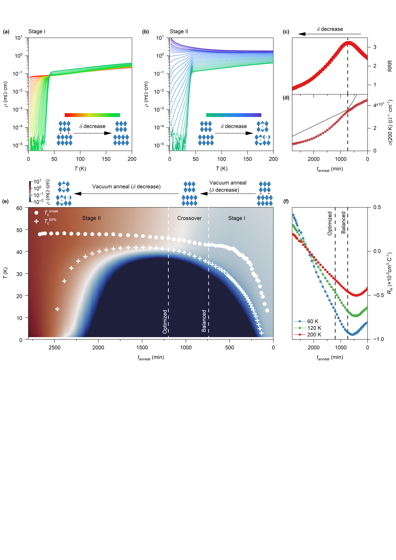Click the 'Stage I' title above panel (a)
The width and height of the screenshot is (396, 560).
click(37, 31)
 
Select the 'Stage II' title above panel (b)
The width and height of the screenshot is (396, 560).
click(179, 31)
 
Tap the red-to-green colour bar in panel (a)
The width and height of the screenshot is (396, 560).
click(92, 115)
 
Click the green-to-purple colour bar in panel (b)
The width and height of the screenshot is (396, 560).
click(233, 115)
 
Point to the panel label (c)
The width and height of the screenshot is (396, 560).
click(286, 32)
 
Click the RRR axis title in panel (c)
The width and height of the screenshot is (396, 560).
click(390, 66)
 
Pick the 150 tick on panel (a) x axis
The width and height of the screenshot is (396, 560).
click(106, 159)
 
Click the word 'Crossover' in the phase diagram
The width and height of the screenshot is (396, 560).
click(189, 218)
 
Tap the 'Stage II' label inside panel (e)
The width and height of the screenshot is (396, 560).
click(91, 218)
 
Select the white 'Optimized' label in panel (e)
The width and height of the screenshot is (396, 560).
click(165, 322)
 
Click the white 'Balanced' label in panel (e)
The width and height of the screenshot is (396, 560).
click(204, 321)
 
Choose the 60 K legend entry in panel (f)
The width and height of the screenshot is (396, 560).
click(312, 321)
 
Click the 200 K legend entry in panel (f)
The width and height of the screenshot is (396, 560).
click(314, 335)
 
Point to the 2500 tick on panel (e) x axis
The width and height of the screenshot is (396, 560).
click(55, 347)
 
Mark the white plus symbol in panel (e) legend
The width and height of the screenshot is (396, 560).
click(36, 221)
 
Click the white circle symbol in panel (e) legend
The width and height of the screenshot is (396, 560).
click(36, 213)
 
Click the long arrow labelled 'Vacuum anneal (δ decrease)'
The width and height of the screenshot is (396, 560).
click(126, 194)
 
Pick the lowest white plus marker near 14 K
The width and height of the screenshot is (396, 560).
click(57, 309)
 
